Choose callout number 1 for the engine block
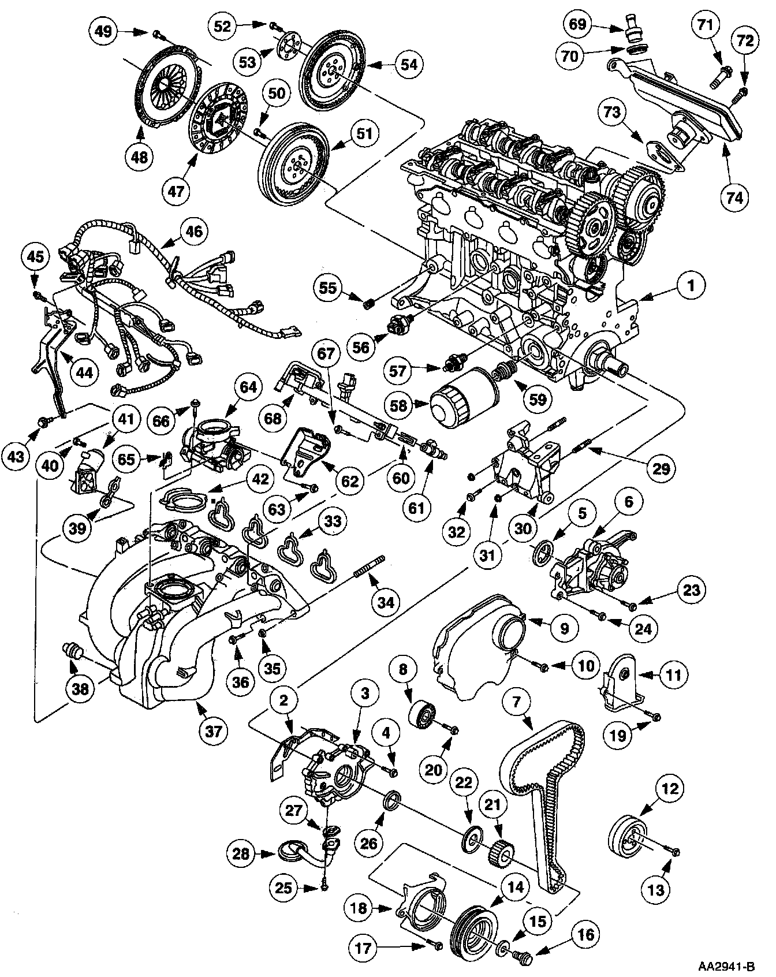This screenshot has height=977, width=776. tap(690, 285)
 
